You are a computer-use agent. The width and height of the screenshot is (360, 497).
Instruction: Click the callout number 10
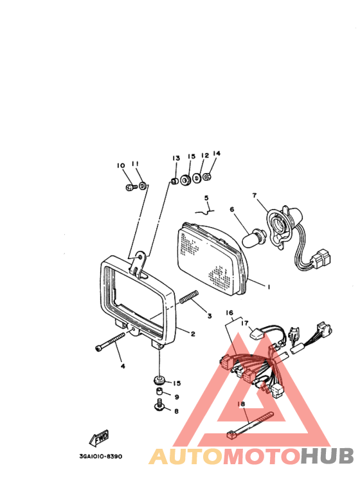coord(120,166)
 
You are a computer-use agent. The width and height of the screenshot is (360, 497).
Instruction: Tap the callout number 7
coord(255,195)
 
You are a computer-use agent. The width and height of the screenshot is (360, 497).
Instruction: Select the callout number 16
coord(229,313)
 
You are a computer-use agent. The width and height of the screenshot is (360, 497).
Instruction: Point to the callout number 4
coord(122,366)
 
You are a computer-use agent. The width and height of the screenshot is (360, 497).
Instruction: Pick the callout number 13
coord(175,158)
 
